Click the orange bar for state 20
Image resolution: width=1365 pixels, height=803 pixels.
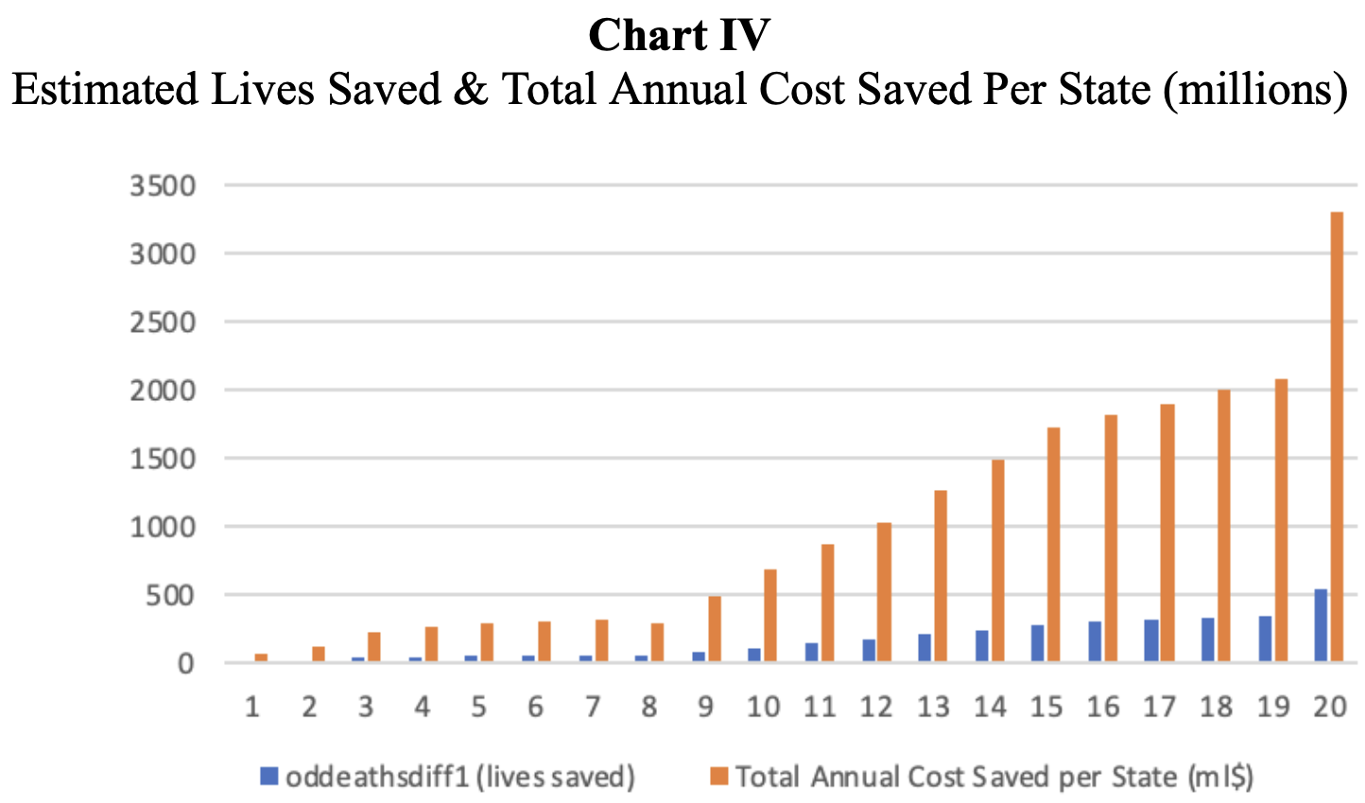coord(1337,435)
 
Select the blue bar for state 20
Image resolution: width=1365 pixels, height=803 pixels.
coord(1321,625)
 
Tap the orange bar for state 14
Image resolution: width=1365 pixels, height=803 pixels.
coord(997,560)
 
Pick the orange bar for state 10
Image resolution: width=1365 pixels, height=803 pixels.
coord(770,615)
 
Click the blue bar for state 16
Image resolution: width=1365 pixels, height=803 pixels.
coord(1094,641)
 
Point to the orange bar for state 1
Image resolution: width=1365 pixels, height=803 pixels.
coord(261,657)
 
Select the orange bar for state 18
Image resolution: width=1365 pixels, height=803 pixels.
coord(1223,525)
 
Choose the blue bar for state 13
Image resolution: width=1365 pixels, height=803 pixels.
coord(924,648)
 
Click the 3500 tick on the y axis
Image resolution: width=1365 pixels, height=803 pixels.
coord(164,185)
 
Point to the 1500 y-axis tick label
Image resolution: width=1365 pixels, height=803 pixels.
coord(164,459)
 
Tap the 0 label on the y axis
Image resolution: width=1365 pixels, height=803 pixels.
coord(185,664)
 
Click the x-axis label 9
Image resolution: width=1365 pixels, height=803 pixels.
coord(705,707)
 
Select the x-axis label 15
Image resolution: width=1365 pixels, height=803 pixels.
coord(1045,707)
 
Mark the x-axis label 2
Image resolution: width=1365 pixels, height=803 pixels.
coord(309,707)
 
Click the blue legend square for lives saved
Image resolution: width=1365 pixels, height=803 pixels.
coord(269,777)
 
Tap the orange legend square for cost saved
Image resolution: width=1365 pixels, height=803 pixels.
coord(719,777)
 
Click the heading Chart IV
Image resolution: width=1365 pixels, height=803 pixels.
coord(679,36)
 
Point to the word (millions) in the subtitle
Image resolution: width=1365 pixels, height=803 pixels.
coord(1255,90)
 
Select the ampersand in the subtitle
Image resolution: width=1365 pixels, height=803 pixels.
coord(472,90)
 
